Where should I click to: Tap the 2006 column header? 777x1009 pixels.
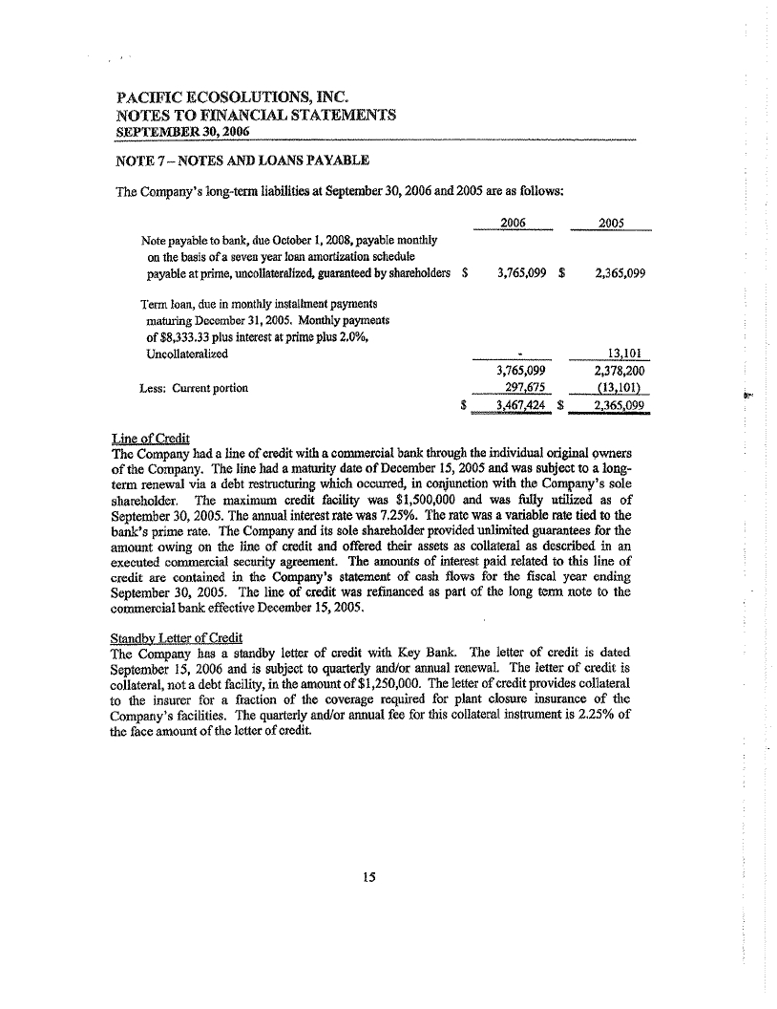pyautogui.click(x=514, y=223)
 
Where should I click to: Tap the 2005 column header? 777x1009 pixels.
pyautogui.click(x=611, y=223)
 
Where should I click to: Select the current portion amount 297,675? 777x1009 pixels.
pyautogui.click(x=524, y=388)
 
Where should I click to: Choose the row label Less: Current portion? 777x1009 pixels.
pyautogui.click(x=193, y=388)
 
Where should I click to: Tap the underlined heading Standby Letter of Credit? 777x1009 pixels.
pyautogui.click(x=178, y=637)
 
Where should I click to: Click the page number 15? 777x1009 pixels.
pyautogui.click(x=369, y=879)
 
